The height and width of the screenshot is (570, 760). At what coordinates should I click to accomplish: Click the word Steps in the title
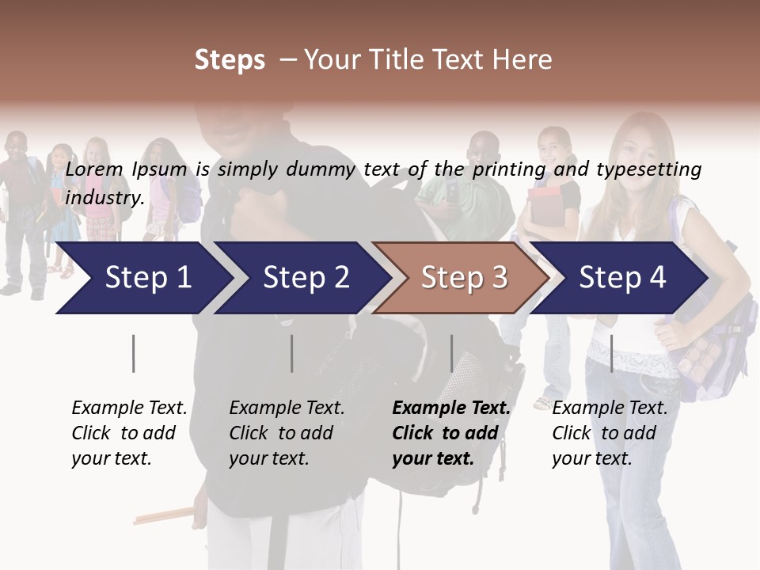click(230, 59)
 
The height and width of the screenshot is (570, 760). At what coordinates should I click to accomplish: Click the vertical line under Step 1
click(134, 353)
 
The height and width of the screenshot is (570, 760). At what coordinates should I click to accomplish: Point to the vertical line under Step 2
click(292, 353)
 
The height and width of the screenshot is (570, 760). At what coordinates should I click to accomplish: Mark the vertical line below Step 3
click(451, 353)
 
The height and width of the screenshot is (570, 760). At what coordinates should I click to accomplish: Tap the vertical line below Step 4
click(611, 353)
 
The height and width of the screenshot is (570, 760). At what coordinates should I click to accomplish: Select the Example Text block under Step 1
click(128, 433)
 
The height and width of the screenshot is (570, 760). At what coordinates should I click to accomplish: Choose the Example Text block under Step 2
click(286, 433)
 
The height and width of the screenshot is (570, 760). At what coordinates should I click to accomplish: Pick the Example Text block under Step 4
click(609, 433)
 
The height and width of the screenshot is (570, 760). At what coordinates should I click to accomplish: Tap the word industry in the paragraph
click(104, 197)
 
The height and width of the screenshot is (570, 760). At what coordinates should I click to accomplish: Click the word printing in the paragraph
click(507, 169)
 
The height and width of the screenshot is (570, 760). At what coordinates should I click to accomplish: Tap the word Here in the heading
click(522, 59)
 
